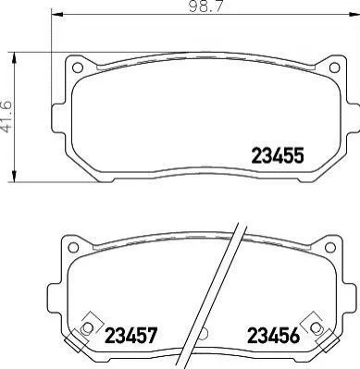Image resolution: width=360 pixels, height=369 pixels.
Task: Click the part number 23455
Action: (278, 155)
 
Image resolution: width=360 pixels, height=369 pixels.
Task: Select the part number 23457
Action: (131, 336)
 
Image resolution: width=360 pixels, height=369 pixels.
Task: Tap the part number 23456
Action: (274, 336)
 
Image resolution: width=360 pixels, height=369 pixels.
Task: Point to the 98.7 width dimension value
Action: (205, 6)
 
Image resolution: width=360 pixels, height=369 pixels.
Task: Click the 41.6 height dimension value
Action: (7, 117)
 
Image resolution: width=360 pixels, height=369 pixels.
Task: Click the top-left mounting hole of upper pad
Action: (77, 68)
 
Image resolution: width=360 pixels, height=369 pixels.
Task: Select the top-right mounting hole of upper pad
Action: (334, 68)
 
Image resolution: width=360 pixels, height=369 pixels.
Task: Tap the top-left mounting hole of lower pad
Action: (73, 247)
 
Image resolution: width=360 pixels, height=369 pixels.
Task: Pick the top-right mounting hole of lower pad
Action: (330, 247)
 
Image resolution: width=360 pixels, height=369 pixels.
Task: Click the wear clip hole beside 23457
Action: (88, 327)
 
